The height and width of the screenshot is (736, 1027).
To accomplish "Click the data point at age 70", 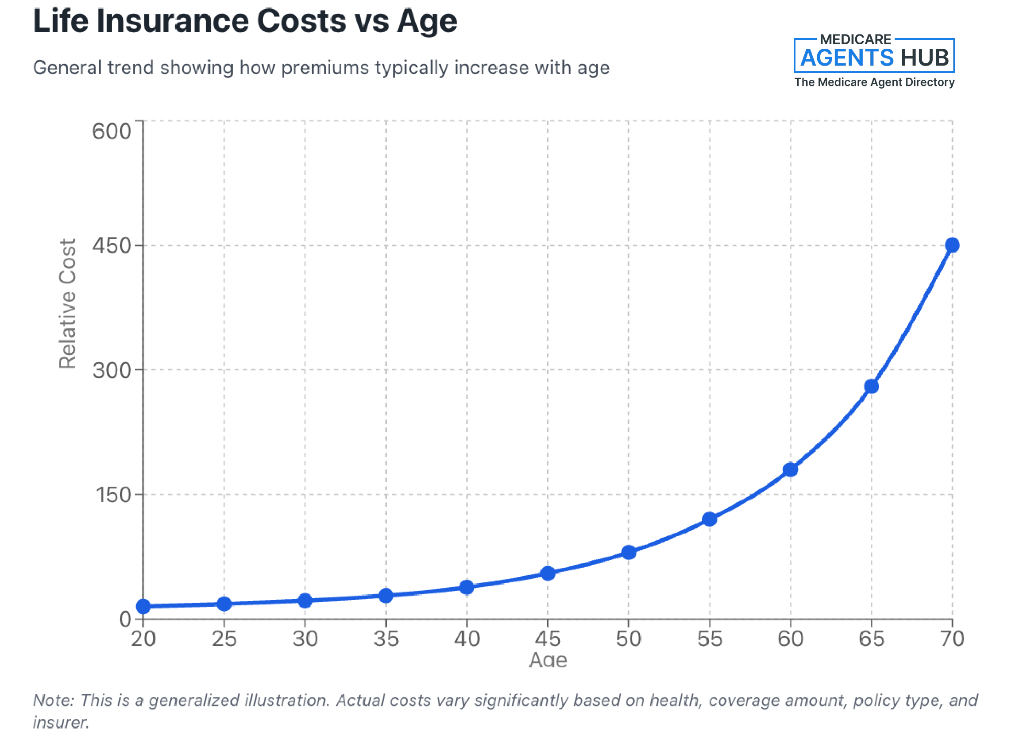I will click(952, 245).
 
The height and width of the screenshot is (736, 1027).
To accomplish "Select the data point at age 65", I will click(871, 386).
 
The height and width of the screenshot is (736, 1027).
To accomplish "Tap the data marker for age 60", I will click(790, 469).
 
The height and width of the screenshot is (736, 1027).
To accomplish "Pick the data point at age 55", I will click(710, 519).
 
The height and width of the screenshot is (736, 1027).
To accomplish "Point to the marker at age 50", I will click(629, 552).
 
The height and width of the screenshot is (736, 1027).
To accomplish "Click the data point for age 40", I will click(467, 588).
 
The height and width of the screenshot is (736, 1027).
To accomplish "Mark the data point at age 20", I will click(143, 606).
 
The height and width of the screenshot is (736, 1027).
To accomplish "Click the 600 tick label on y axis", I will click(112, 132).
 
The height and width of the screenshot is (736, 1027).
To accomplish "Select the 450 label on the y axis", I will click(112, 246).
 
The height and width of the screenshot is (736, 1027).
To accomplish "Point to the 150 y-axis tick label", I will click(112, 495).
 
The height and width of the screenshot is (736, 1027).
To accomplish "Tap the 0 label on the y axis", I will click(125, 619).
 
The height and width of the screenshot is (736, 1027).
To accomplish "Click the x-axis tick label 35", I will click(386, 639).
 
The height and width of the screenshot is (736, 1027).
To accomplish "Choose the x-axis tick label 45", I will click(548, 639).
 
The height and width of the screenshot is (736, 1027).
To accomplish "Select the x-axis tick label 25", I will click(224, 639).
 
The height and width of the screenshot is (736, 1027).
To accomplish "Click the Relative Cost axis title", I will click(67, 303).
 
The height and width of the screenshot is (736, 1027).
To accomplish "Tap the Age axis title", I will click(548, 660).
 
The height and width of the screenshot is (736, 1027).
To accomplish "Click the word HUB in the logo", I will click(924, 58).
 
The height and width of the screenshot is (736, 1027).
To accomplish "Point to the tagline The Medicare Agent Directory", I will click(874, 82).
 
